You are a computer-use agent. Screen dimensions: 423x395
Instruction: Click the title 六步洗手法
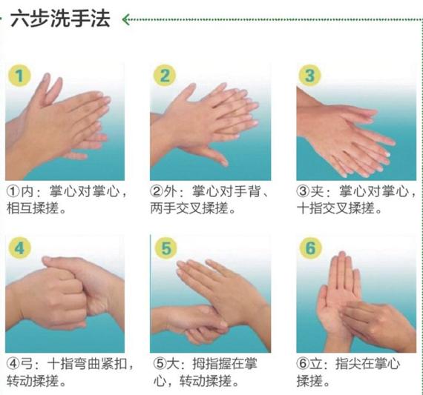(x=60, y=19)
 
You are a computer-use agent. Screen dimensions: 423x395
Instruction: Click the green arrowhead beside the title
(x=125, y=19)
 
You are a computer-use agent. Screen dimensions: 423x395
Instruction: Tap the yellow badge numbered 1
(x=19, y=76)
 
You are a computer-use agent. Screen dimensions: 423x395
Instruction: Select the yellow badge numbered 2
(x=165, y=76)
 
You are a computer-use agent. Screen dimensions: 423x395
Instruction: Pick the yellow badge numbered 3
(x=309, y=76)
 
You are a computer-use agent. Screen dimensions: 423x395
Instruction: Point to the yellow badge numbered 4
(x=19, y=248)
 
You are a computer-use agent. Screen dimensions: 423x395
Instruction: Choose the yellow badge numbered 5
(x=166, y=248)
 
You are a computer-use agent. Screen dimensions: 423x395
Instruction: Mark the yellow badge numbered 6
(x=310, y=248)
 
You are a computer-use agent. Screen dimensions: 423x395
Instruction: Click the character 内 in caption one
(x=27, y=192)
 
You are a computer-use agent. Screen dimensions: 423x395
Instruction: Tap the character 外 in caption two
(x=170, y=192)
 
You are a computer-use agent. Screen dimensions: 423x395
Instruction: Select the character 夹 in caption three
(x=317, y=192)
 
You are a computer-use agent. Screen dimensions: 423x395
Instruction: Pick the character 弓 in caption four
(x=27, y=364)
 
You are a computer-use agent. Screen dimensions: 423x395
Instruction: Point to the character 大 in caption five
(x=173, y=364)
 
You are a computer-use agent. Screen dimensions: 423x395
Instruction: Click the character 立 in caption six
(x=316, y=364)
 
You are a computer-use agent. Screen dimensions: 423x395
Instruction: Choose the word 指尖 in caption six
(x=348, y=364)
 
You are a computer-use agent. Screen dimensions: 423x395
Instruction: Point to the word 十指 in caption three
(x=309, y=208)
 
